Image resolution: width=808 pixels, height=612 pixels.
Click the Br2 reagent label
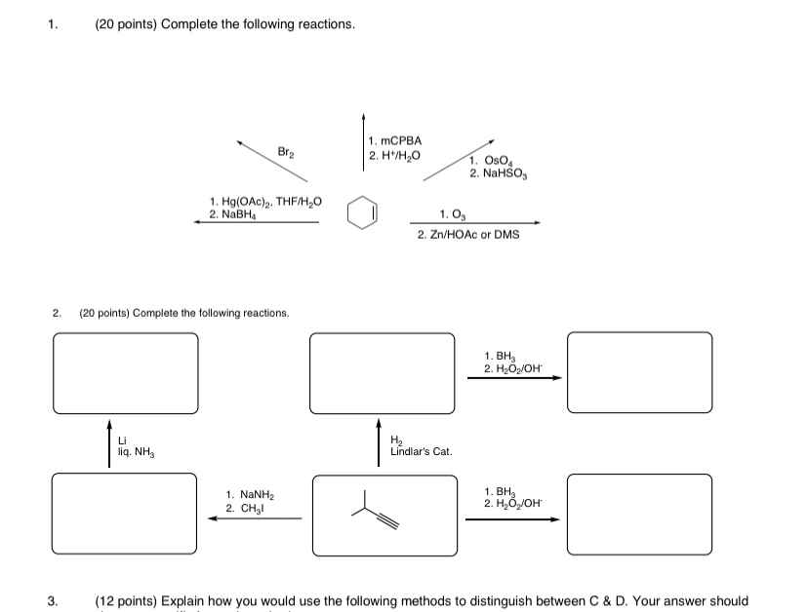(285, 152)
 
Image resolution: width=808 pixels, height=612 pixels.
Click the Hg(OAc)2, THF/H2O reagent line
(264, 202)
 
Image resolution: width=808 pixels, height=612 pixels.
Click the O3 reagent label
(452, 214)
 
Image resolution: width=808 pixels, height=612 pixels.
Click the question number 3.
(54, 601)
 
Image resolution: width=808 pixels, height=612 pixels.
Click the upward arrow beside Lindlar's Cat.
(380, 443)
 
